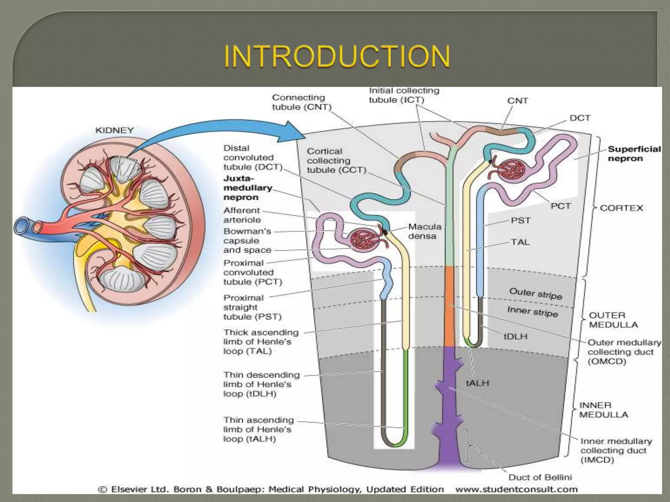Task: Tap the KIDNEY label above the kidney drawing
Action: (114, 130)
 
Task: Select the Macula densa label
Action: (425, 231)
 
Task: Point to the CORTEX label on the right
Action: (621, 208)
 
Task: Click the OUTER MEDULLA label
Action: (613, 320)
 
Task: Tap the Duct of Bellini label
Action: (540, 477)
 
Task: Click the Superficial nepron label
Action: (634, 154)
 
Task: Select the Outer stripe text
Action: (536, 293)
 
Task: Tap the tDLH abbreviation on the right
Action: (515, 336)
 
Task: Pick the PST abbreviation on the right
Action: (520, 221)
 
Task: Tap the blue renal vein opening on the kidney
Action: (22, 226)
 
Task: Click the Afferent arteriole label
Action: (242, 215)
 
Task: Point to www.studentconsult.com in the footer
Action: (516, 489)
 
